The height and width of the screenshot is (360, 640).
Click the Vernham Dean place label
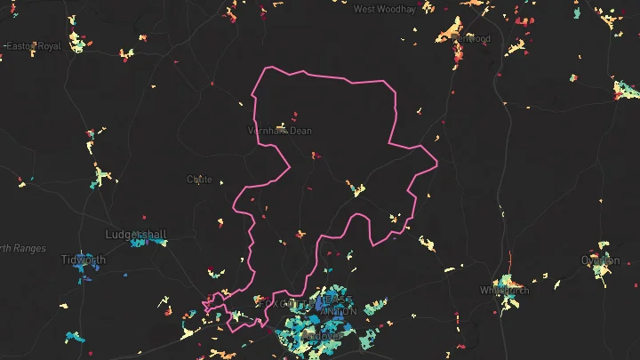(279, 131)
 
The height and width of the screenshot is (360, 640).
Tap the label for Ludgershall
(135, 235)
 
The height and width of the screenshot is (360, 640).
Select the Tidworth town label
(83, 260)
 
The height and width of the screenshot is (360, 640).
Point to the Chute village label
(199, 179)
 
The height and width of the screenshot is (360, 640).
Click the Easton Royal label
(33, 45)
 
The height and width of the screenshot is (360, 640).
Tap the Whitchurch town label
(504, 290)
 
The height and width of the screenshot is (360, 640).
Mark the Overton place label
(600, 260)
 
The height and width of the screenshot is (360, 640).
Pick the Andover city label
(317, 336)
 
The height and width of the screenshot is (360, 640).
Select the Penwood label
(471, 39)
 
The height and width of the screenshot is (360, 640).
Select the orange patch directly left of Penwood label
(444, 36)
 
